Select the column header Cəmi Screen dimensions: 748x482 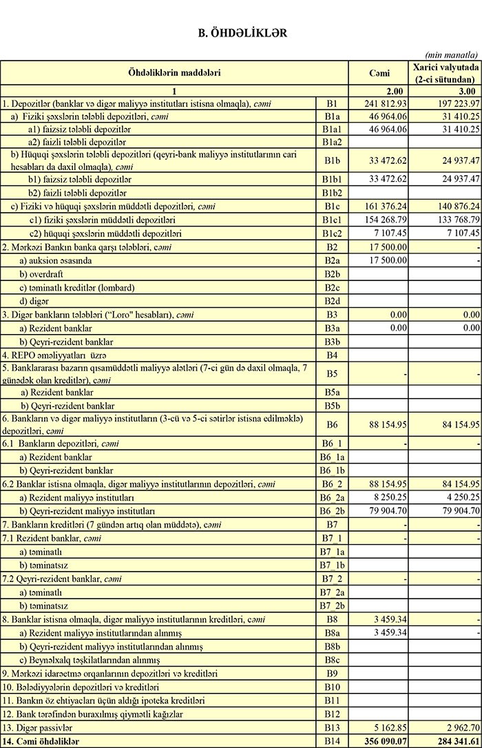[x=379, y=72]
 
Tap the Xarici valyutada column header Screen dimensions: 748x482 [x=444, y=72]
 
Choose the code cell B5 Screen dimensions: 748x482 [x=333, y=373]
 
